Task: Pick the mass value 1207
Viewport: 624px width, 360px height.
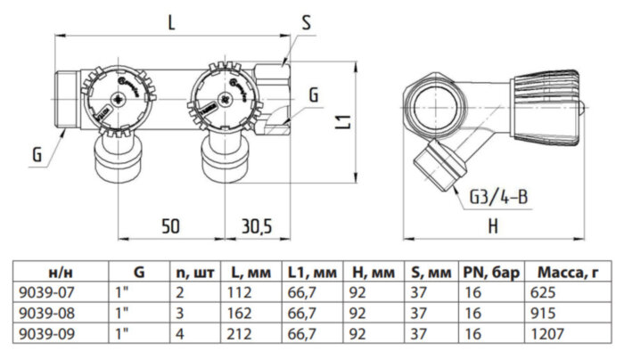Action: (546, 335)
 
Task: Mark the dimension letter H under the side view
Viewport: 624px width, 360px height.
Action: (492, 226)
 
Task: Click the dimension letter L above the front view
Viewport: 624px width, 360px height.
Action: (170, 25)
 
